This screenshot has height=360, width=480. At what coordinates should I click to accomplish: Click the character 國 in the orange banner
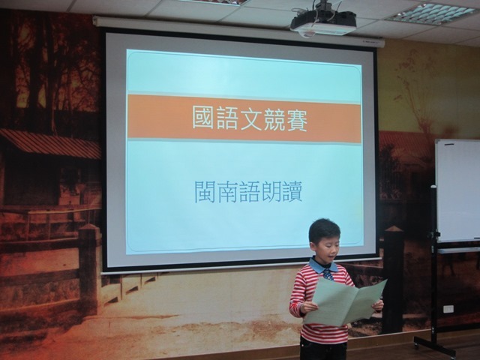[x=202, y=117]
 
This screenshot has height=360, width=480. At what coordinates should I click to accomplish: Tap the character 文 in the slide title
[x=249, y=118]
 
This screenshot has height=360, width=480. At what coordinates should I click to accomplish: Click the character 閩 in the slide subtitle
[x=205, y=192]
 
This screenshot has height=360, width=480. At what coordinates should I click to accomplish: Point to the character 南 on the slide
[x=227, y=192]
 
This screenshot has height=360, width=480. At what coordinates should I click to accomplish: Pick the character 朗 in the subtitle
[x=271, y=192]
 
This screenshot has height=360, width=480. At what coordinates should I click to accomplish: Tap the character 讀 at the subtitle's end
[x=292, y=192]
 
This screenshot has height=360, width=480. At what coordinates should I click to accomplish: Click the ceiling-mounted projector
[x=323, y=21]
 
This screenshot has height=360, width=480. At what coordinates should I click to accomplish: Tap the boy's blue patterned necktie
[x=328, y=274]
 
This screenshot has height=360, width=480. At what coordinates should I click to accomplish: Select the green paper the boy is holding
[x=344, y=302]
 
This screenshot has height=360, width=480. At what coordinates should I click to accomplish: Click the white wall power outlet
[x=448, y=309]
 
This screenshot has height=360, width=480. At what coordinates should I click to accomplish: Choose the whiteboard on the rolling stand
[x=457, y=191]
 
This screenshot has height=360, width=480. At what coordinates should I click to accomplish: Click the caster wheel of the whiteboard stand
[x=417, y=345]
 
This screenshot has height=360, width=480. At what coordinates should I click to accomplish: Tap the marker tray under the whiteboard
[x=458, y=250]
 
